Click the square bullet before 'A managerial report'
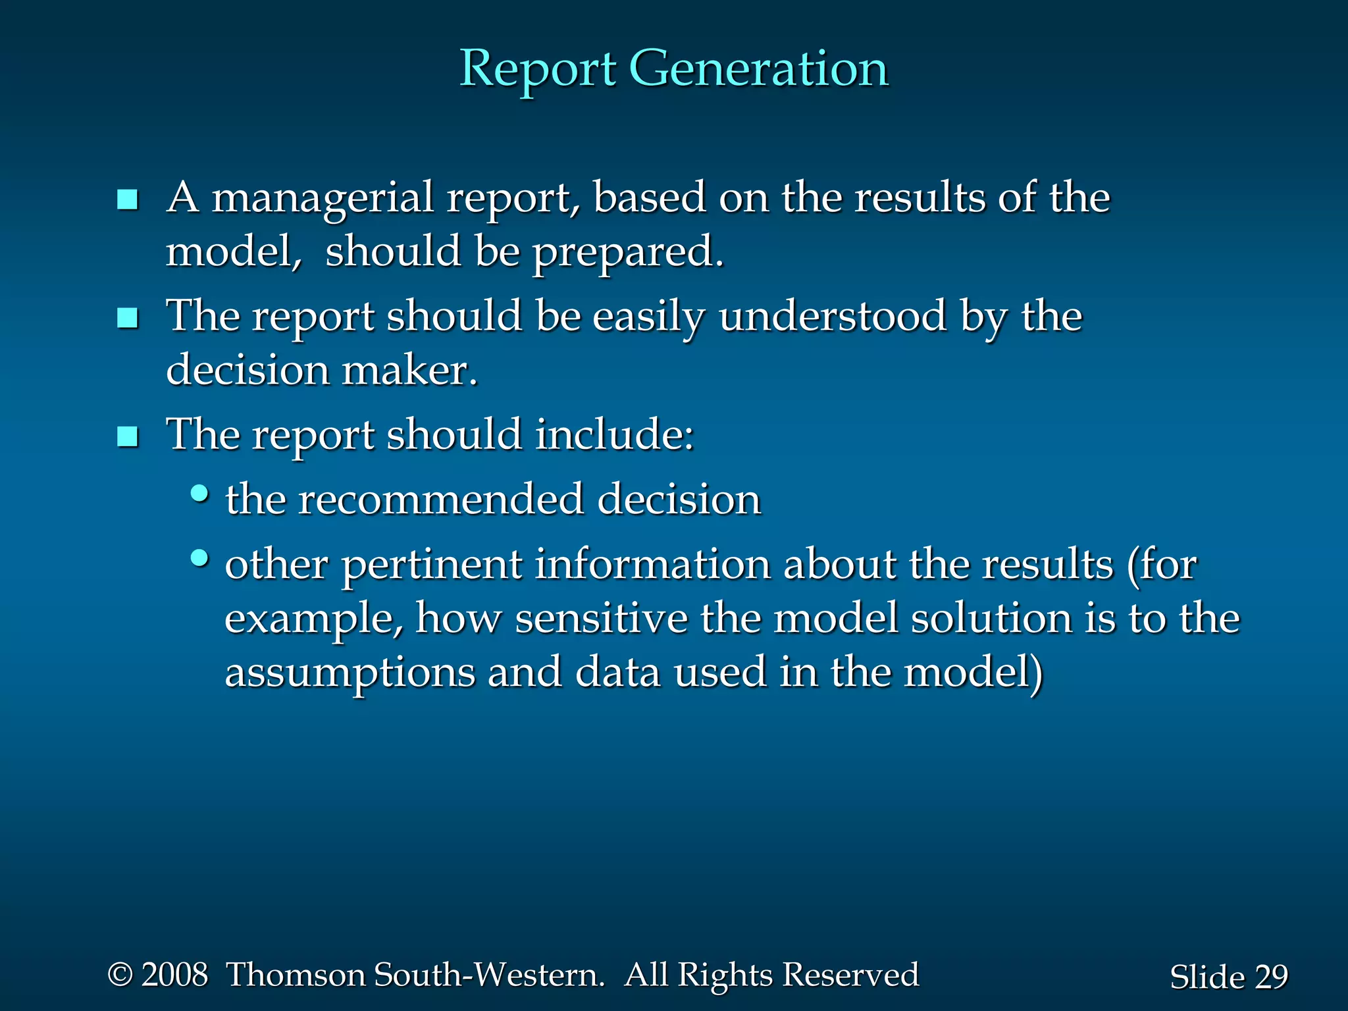127,199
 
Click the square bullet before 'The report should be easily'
127,319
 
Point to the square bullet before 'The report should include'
127,437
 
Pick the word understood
833,317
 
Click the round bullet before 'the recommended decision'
199,493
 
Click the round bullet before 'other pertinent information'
199,559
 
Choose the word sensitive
601,619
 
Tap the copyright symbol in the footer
120,975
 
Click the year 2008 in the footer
175,975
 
